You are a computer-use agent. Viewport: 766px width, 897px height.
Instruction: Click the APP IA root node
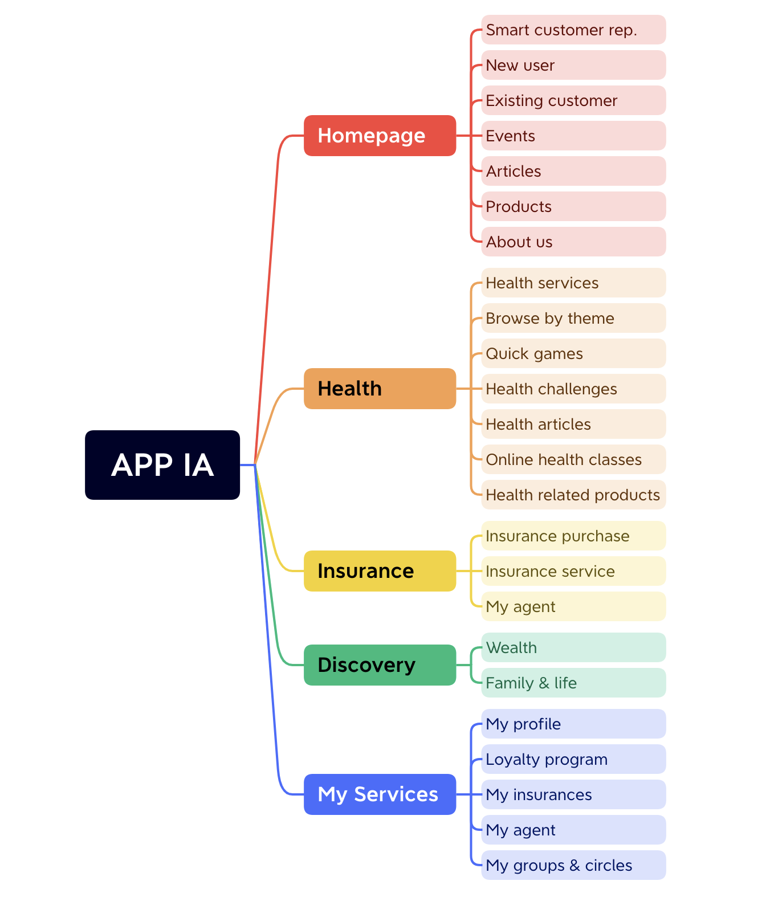point(162,465)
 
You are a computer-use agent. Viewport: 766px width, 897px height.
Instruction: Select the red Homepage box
point(380,136)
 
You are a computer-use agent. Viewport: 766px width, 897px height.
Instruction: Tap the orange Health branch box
point(380,389)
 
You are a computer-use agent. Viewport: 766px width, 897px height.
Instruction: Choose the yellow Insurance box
point(380,571)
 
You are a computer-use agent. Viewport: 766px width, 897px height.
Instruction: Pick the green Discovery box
point(380,665)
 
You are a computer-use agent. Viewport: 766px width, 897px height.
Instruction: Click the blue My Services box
point(380,794)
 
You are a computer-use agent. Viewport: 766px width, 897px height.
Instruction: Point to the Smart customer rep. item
point(573,30)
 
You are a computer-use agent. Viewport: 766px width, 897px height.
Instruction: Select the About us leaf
point(573,242)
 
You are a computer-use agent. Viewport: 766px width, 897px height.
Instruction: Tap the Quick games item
point(573,353)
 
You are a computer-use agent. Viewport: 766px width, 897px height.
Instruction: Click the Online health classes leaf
point(573,459)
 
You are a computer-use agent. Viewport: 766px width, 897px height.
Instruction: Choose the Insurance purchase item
point(573,536)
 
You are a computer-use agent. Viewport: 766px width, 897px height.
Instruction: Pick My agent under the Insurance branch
point(573,606)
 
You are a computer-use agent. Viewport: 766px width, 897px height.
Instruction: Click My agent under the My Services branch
point(573,830)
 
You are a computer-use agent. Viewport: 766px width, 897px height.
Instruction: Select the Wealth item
point(573,647)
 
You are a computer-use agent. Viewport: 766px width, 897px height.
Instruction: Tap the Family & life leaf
point(573,683)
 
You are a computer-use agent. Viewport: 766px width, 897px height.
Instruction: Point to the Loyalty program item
point(573,759)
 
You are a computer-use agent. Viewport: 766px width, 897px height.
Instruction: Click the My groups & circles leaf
point(573,865)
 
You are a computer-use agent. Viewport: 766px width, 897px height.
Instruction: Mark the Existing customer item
point(573,100)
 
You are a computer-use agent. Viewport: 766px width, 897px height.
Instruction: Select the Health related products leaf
point(573,495)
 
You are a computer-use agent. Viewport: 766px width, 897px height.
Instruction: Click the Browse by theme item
point(573,318)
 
